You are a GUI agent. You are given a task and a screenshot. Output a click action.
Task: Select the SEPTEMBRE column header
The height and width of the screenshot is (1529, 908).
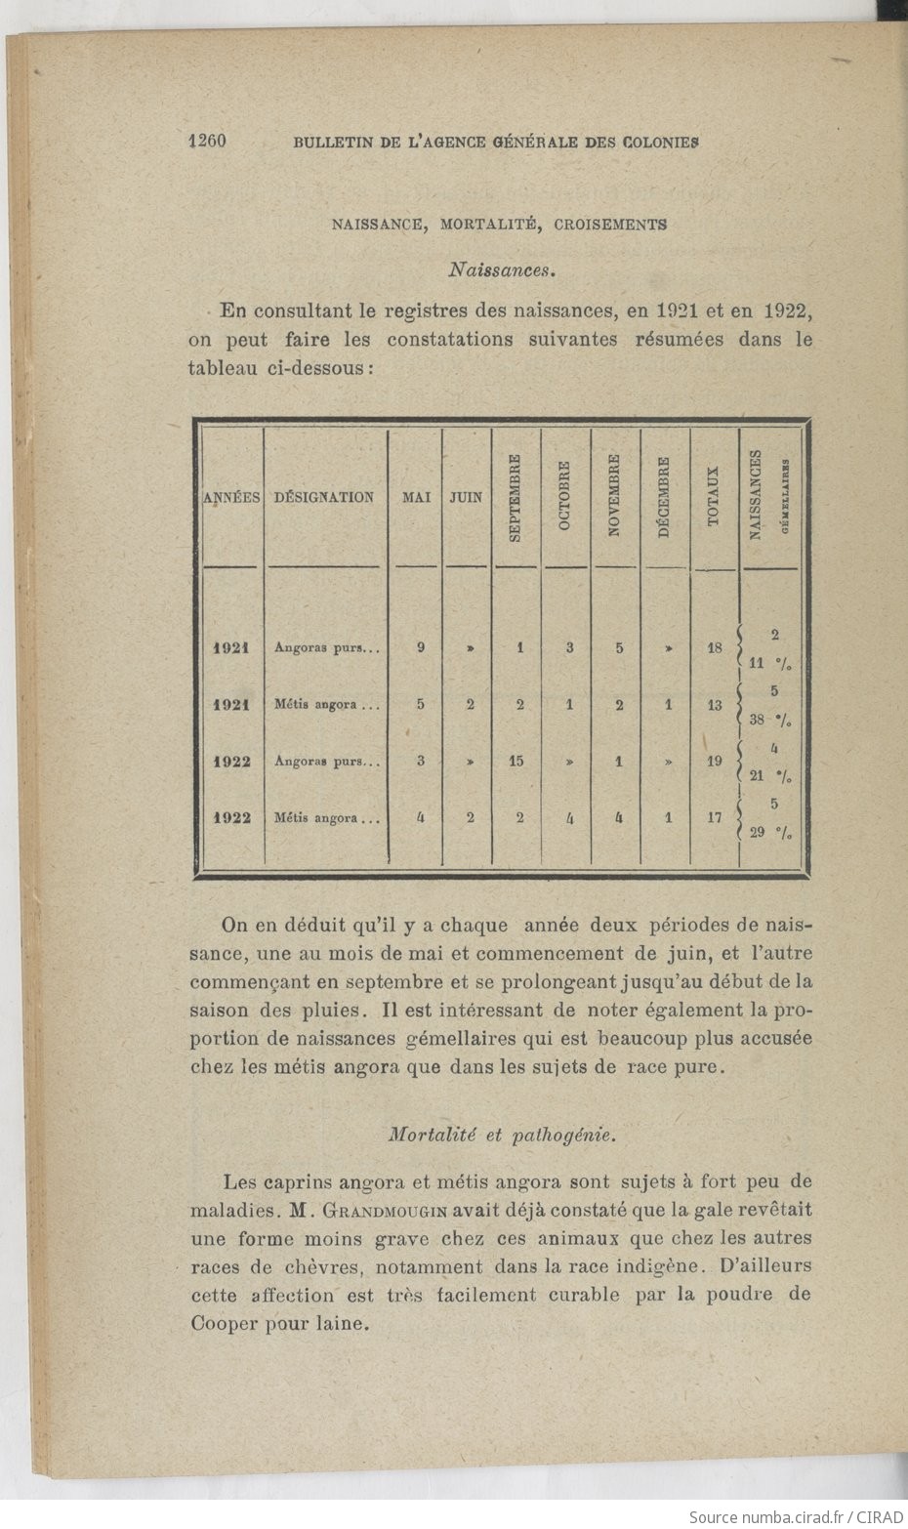tap(516, 498)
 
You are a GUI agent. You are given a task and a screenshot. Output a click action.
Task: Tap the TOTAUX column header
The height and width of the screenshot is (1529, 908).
tap(714, 497)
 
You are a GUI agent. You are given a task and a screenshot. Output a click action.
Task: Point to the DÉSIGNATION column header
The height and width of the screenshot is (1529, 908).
tap(323, 497)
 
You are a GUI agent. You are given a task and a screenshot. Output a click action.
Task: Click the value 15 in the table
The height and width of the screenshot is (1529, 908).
tap(517, 761)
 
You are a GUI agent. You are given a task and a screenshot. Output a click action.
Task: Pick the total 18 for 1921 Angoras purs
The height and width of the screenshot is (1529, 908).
tap(715, 647)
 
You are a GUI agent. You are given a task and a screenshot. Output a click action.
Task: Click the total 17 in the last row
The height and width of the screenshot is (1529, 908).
tap(715, 817)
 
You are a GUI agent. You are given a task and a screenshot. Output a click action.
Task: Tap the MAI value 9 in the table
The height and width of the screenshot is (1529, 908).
tap(421, 646)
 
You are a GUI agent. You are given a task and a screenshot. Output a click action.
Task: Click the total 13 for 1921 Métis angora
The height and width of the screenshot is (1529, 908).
tap(715, 704)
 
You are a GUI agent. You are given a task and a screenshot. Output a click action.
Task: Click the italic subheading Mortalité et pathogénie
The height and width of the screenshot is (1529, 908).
tap(502, 1135)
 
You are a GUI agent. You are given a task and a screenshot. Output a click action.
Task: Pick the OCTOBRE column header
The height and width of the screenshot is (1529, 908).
tap(565, 498)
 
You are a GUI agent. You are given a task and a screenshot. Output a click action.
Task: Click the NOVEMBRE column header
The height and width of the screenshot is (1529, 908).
tap(615, 497)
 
